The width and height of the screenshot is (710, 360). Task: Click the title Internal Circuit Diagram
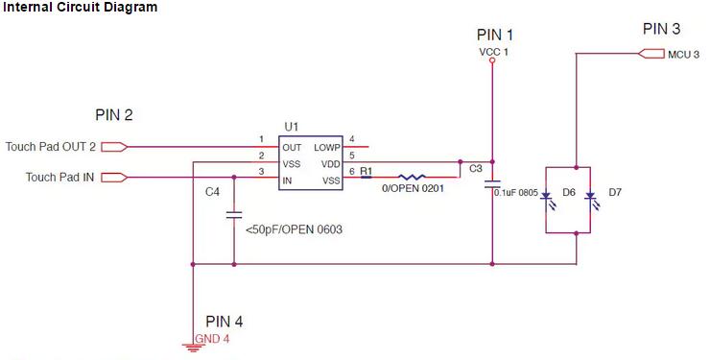point(81,8)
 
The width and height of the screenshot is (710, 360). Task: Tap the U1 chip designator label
point(291,127)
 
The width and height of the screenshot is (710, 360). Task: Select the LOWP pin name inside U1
point(327,148)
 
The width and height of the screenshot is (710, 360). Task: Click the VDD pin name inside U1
point(331,164)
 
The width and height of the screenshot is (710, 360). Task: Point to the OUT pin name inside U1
point(292,148)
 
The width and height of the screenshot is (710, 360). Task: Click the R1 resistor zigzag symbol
point(412,177)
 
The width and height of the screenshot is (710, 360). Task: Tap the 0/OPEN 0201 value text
point(413,188)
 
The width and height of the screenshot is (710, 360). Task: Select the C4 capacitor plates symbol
point(234,215)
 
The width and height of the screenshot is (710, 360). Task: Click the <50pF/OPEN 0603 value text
point(294,229)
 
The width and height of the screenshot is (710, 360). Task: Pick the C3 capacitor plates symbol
point(492,184)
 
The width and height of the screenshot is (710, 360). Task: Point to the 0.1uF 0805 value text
point(516,193)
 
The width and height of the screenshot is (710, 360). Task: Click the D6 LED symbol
point(547,200)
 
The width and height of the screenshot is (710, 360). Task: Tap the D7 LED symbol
point(591,200)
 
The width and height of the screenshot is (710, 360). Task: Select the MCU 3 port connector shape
point(651,54)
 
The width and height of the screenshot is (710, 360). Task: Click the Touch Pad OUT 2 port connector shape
point(114,147)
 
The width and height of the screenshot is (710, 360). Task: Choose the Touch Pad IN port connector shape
point(114,177)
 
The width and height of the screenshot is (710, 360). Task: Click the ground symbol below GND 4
point(193,348)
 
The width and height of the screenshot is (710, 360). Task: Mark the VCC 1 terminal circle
point(492,60)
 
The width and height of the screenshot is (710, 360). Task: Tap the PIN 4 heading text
point(225,322)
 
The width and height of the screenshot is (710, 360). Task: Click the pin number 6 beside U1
point(352,172)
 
